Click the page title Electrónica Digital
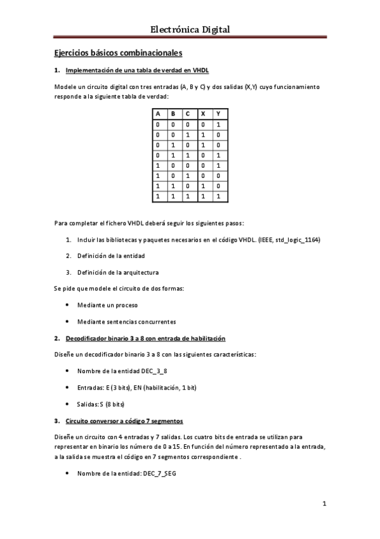pyautogui.click(x=190, y=29)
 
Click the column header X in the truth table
pyautogui.click(x=202, y=114)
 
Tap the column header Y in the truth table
pyautogui.click(x=218, y=114)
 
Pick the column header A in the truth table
pyautogui.click(x=157, y=114)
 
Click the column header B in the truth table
pyautogui.click(x=173, y=114)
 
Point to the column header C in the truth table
pyautogui.click(x=187, y=114)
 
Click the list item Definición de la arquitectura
pyautogui.click(x=118, y=272)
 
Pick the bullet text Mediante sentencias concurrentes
pyautogui.click(x=126, y=322)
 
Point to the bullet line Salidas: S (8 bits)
pyautogui.click(x=100, y=404)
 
